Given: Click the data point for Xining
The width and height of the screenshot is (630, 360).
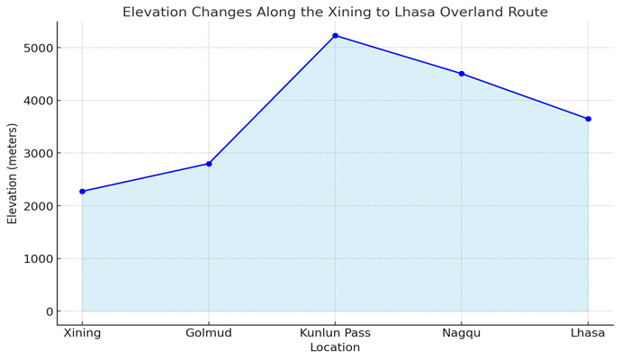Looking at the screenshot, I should [83, 192].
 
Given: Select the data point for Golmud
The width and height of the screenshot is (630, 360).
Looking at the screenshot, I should [209, 164].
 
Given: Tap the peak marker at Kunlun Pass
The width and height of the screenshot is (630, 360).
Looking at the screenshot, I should [335, 36].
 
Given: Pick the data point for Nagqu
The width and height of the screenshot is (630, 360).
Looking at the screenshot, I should [462, 74].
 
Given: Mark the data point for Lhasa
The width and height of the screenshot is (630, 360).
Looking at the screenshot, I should [588, 119].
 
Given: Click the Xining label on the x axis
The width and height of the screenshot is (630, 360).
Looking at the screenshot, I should [83, 333].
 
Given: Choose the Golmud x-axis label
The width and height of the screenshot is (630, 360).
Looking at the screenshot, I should [209, 333].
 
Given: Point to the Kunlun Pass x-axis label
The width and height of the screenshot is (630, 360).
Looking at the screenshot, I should [335, 333].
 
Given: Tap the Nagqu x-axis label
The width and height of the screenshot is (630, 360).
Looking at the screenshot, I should [462, 333].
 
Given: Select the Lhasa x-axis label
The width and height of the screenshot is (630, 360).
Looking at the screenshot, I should [588, 333].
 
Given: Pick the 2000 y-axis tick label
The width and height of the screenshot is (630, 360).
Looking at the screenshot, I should [36, 206].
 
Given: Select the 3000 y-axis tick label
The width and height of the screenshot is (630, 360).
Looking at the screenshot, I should [36, 154].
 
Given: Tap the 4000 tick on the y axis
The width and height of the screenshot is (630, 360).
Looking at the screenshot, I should [36, 101].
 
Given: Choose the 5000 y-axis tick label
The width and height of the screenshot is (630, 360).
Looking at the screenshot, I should [36, 48].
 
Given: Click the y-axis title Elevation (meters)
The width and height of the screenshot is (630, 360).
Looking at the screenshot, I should [13, 174].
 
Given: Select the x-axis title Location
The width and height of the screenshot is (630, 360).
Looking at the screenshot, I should [335, 347].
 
